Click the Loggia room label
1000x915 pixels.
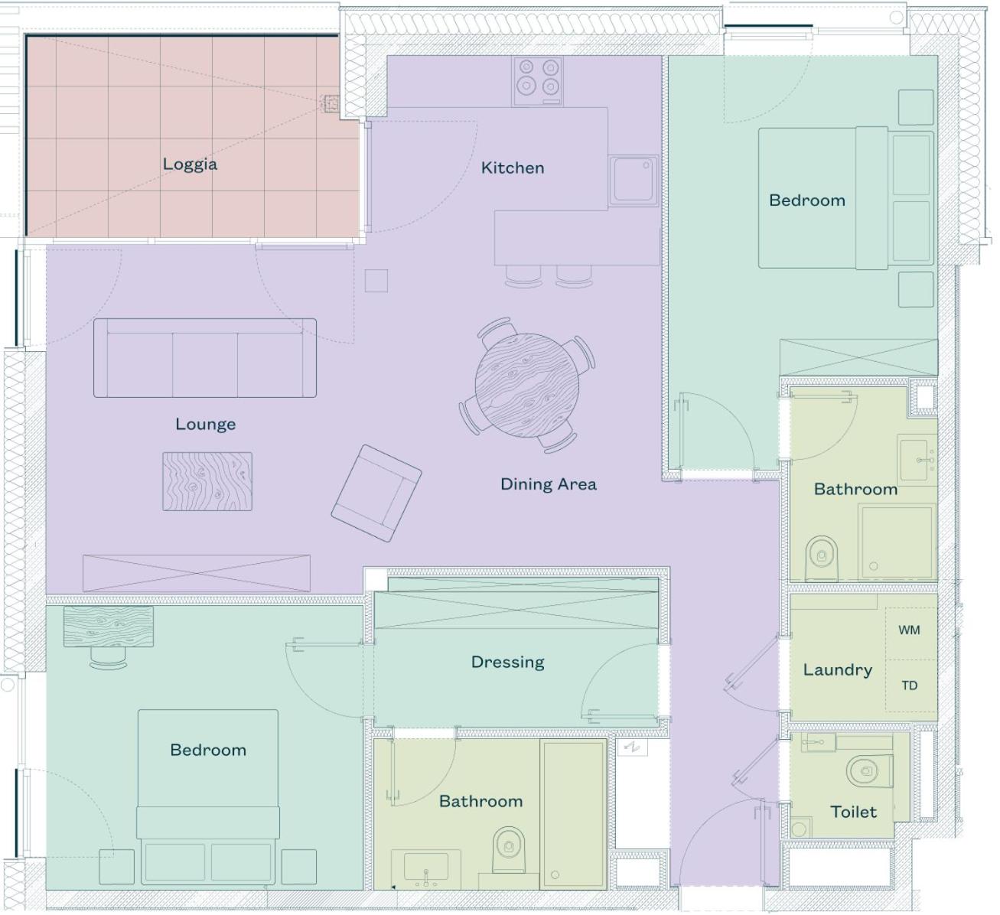(x=190, y=164)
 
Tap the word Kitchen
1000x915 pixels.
(x=513, y=168)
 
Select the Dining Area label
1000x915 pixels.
(x=549, y=484)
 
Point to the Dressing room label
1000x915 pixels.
(x=507, y=663)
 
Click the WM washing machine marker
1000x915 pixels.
(x=909, y=630)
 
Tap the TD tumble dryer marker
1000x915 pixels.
(x=909, y=685)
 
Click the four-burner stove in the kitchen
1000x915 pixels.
(x=537, y=81)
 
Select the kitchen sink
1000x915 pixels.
(x=633, y=181)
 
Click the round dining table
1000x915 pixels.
(x=527, y=385)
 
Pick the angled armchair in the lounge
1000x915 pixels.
(x=376, y=493)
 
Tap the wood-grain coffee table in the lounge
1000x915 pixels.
(x=207, y=481)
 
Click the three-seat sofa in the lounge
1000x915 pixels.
(x=205, y=357)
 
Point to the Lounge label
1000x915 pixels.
(x=205, y=425)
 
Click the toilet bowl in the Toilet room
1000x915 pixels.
(x=868, y=770)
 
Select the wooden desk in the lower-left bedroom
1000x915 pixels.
(x=108, y=627)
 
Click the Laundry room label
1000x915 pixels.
(x=838, y=670)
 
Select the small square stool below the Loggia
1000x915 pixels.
(x=376, y=281)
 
